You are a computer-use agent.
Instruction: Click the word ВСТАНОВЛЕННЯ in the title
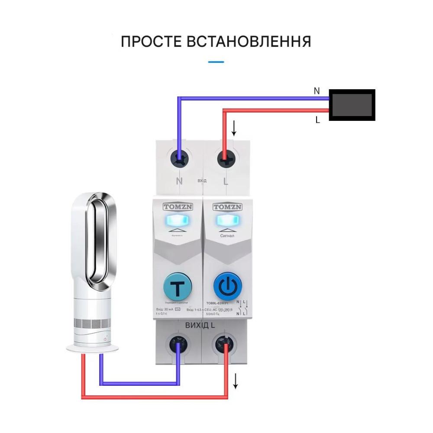tap(249, 42)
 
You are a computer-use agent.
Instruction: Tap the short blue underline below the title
tap(216, 62)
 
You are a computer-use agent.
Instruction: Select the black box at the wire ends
tap(352, 105)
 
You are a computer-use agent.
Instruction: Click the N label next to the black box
tap(317, 91)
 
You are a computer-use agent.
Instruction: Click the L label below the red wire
tap(317, 120)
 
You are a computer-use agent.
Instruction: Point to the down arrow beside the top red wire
tap(234, 128)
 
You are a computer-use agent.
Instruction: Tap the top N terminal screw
tap(180, 158)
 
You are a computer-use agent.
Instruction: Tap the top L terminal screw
tap(225, 158)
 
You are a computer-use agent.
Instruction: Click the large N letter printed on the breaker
tap(179, 180)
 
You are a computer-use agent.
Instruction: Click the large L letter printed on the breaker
tap(225, 180)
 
